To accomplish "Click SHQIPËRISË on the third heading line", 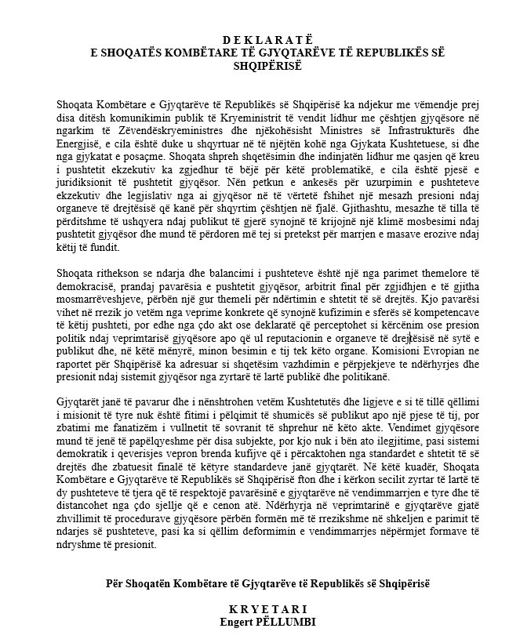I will point(261,67).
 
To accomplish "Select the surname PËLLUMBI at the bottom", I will point(285,620).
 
